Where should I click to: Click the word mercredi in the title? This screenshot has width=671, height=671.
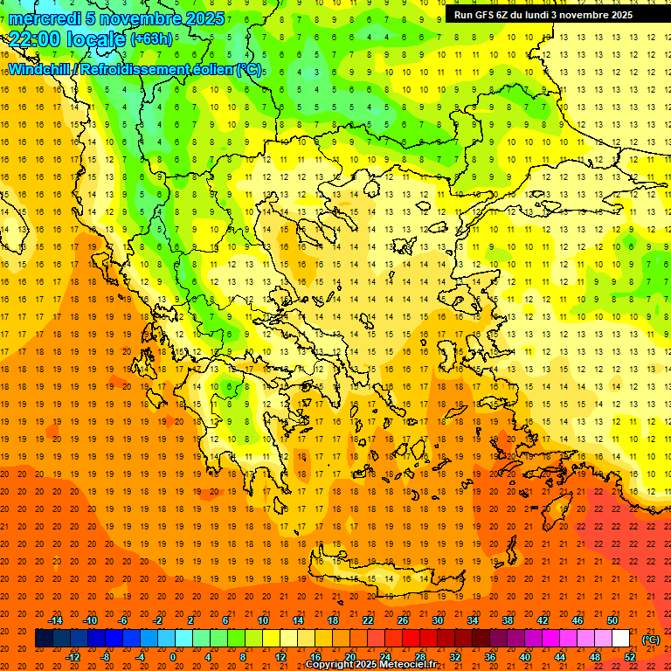(45, 18)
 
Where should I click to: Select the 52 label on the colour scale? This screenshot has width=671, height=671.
(630, 656)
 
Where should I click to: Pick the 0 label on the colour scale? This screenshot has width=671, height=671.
(173, 656)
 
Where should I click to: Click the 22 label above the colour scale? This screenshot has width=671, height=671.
(368, 619)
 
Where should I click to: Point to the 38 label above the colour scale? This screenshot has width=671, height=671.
(507, 619)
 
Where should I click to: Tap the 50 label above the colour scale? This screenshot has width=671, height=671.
(612, 619)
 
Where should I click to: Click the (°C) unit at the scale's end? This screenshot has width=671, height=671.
(651, 639)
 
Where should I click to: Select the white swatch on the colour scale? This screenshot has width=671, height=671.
(621, 639)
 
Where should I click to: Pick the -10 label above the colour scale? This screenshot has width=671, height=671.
(89, 619)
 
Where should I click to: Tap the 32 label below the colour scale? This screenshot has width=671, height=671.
(455, 656)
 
